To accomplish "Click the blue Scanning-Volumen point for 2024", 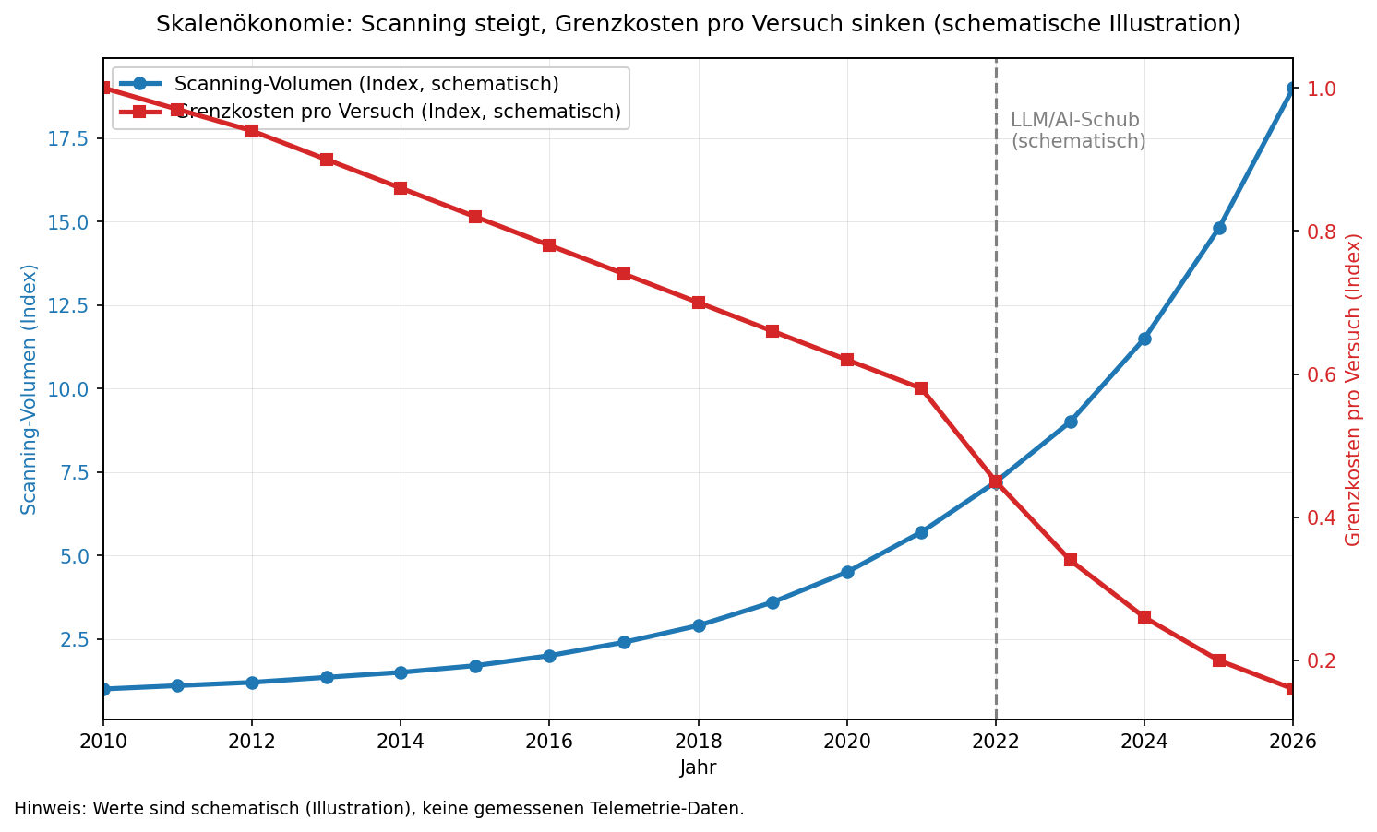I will (x=1144, y=339).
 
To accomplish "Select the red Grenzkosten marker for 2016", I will (x=549, y=245).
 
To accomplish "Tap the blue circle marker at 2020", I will (x=847, y=572).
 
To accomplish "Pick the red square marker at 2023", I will (x=1071, y=560).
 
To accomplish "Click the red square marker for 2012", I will (x=252, y=131).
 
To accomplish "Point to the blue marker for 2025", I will (x=1219, y=228).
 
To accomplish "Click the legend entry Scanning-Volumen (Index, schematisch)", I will (x=366, y=84).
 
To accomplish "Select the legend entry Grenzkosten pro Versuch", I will (x=397, y=112).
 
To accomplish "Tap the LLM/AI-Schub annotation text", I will (x=1077, y=131).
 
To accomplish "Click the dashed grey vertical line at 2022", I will (x=996, y=277).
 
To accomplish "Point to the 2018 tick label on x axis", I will (x=699, y=742).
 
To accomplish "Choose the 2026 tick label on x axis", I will (x=1292, y=742).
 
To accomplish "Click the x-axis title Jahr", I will (x=698, y=767).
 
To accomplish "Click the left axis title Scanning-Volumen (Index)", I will (x=30, y=388).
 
